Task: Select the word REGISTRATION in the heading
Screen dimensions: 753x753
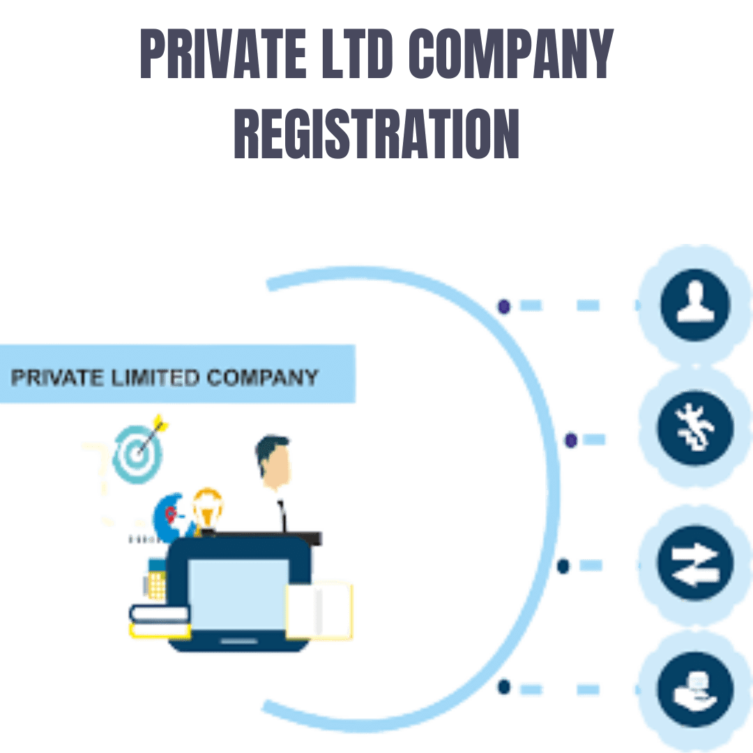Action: click(376, 132)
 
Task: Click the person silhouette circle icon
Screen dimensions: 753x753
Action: click(694, 304)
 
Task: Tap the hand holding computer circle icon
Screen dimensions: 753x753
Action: click(694, 687)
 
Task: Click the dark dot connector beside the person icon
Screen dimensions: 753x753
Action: click(503, 305)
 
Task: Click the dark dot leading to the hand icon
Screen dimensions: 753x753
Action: click(503, 687)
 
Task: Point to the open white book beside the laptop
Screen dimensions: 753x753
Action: click(321, 610)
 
